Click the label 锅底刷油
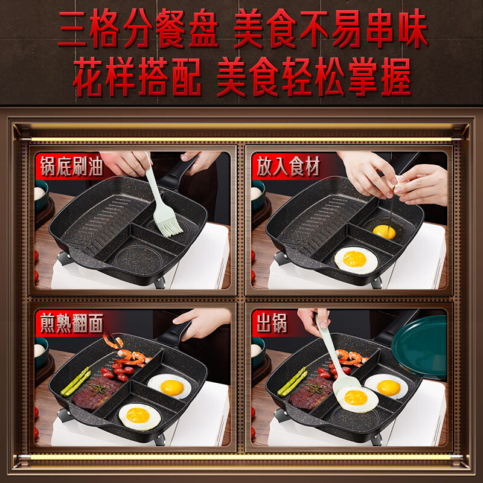(x=71, y=167)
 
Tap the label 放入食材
(x=288, y=167)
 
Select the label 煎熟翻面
(x=71, y=324)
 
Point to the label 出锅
(x=272, y=324)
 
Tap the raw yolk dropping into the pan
(x=384, y=232)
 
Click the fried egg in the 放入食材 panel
(x=356, y=260)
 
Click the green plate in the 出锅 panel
(x=420, y=347)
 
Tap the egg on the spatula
(x=357, y=399)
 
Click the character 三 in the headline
(x=72, y=28)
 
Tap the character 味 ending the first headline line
(x=413, y=28)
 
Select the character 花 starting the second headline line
(x=88, y=77)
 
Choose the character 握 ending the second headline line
(x=396, y=77)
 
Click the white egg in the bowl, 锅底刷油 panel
(x=39, y=193)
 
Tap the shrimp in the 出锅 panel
(x=351, y=357)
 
